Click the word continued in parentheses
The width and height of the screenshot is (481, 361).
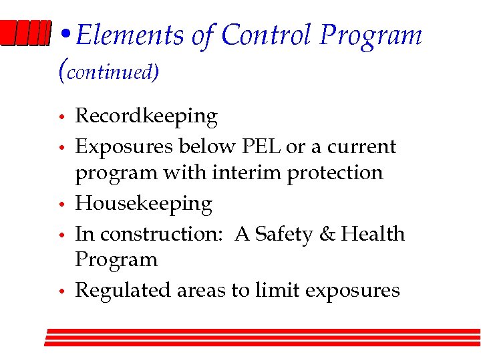click(110, 72)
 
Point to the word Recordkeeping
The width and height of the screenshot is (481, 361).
click(146, 116)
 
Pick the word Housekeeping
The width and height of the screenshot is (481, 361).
click(144, 203)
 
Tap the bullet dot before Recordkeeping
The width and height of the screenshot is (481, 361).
click(61, 118)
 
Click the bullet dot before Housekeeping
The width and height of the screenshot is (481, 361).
click(61, 205)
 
